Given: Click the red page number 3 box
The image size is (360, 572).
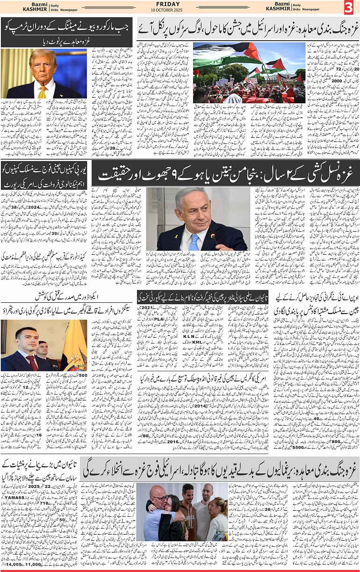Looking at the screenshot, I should coord(350,7).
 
